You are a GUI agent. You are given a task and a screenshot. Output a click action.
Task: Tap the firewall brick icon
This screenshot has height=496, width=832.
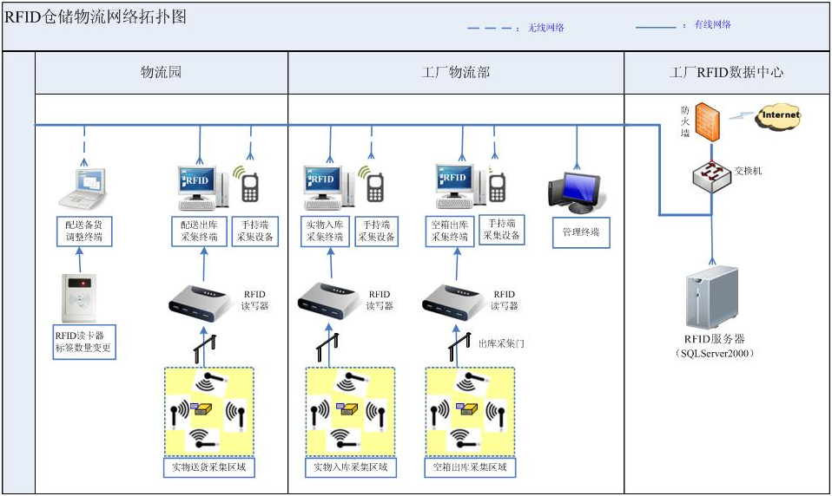tap(709, 121)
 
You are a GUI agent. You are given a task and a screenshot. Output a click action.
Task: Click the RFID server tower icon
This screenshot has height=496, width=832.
tap(711, 298)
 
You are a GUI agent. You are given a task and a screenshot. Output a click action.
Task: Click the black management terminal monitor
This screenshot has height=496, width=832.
tap(574, 191)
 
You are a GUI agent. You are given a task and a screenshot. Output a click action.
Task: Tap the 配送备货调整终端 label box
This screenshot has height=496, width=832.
tap(84, 231)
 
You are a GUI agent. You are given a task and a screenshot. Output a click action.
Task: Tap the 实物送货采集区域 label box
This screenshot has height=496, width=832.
tap(209, 468)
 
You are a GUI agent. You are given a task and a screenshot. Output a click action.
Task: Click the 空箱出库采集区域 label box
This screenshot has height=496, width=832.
tap(470, 468)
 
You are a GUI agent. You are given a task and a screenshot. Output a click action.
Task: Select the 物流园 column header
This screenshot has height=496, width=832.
tap(162, 73)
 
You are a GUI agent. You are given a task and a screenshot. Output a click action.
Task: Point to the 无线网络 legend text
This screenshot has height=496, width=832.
tap(546, 28)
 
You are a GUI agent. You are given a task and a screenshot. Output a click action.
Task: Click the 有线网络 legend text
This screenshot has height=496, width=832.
tap(712, 25)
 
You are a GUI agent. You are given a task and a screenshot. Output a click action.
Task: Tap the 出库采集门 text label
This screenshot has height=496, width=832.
tap(501, 343)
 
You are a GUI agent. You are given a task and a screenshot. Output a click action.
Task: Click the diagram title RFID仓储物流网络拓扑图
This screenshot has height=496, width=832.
tap(96, 18)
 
